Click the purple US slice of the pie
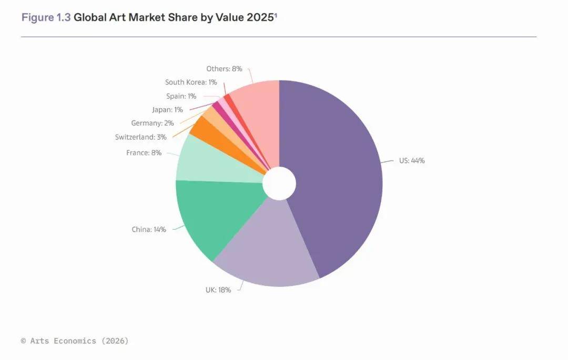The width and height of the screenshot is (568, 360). (x=337, y=173)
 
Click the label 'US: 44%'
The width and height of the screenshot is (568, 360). (x=411, y=160)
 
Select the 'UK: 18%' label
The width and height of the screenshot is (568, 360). (x=218, y=290)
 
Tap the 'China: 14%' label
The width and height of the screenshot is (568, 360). (x=149, y=229)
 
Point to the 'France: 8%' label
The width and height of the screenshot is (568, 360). (x=144, y=153)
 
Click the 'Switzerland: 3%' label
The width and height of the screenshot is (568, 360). (x=140, y=137)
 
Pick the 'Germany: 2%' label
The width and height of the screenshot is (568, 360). (x=152, y=123)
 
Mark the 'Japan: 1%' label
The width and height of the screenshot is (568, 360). (x=167, y=110)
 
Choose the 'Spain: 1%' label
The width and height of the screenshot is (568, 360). (x=181, y=96)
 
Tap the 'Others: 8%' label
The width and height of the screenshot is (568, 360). (x=224, y=69)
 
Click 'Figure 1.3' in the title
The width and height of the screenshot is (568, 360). (x=46, y=17)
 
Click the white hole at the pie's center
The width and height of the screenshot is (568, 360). (x=279, y=183)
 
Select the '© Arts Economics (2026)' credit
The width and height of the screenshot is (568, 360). (x=75, y=341)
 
